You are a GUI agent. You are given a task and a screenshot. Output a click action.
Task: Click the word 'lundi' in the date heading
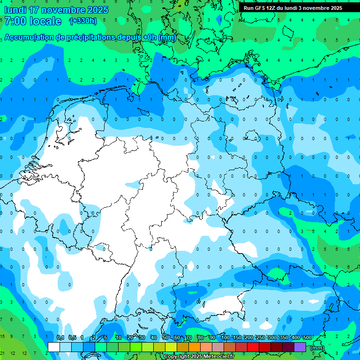tap(15, 10)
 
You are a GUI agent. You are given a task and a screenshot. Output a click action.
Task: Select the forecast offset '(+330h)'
tap(83, 21)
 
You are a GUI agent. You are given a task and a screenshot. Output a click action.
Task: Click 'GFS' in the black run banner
tap(259, 8)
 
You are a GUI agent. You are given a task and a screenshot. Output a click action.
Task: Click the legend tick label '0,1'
tap(60, 338)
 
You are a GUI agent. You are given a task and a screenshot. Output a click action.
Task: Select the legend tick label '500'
tap(307, 338)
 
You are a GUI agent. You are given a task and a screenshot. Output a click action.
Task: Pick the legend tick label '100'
tap(225, 338)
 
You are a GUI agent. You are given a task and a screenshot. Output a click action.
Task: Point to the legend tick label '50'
tap(165, 338)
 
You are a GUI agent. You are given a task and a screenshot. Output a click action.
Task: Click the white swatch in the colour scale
tap(54, 347)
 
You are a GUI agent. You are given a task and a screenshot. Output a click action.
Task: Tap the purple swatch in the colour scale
tap(300, 347)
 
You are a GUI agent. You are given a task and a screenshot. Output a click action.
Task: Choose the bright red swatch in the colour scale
tap(253, 347)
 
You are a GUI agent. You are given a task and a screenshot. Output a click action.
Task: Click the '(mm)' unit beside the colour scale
tap(317, 348)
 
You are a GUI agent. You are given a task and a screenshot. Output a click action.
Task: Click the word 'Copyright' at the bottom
tap(177, 357)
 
